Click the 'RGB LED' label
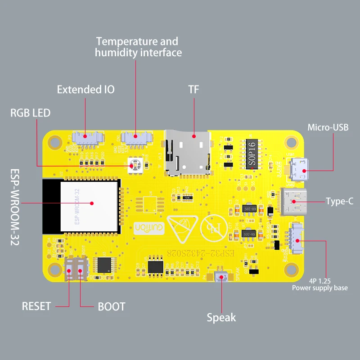[x=31, y=112]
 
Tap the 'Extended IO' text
[x=85, y=90]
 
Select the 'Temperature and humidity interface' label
[x=137, y=47]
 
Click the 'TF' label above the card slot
[x=193, y=90]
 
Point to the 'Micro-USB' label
[x=328, y=127]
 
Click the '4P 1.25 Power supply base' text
[x=320, y=284]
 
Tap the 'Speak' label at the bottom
[x=221, y=318]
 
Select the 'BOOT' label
[x=111, y=307]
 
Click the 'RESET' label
[x=36, y=306]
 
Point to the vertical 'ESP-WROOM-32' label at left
[x=14, y=207]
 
